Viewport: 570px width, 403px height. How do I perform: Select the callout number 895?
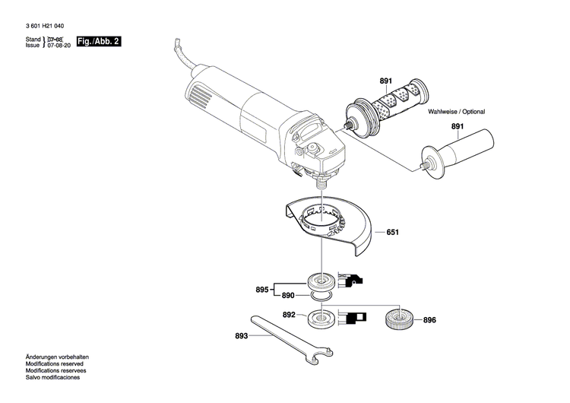pos(262,290)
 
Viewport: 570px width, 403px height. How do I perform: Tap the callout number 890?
pos(288,295)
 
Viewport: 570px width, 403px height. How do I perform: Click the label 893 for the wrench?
pos(241,335)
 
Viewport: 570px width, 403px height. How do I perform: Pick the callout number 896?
pos(429,320)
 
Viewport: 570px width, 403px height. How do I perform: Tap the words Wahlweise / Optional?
pos(456,112)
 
